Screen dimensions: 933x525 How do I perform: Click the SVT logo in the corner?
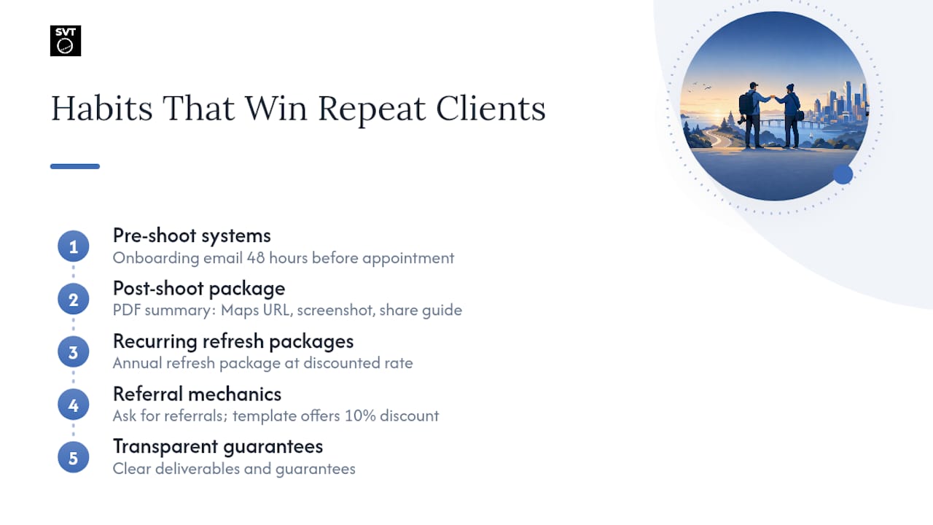pos(66,41)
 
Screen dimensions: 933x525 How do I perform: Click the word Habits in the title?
pos(101,109)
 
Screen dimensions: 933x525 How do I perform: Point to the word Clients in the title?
pos(491,109)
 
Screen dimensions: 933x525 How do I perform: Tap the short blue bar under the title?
pos(75,166)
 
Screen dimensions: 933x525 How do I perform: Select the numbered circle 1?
pos(74,246)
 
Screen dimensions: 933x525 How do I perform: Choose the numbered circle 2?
pos(74,299)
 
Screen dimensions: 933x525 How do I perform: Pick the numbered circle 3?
pos(74,352)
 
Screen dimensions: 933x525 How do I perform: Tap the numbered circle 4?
pos(74,405)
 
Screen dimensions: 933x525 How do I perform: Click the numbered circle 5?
pos(74,457)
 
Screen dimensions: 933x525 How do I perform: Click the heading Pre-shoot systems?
pos(192,236)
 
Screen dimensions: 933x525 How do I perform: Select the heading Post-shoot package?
pos(199,289)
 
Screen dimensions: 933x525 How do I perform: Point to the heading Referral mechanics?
pos(197,394)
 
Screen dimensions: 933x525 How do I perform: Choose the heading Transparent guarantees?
pos(218,447)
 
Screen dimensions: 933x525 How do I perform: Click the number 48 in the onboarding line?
pos(256,258)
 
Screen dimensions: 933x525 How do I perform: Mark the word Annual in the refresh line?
pos(138,363)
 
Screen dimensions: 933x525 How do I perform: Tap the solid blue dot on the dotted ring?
pos(843,174)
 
